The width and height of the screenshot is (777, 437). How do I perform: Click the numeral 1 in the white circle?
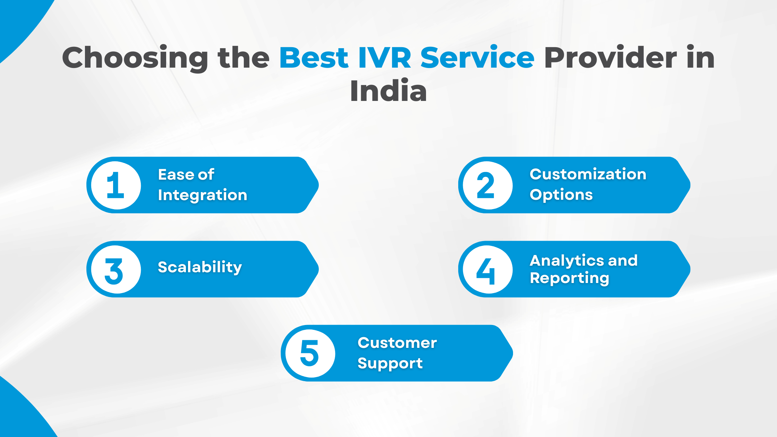click(116, 185)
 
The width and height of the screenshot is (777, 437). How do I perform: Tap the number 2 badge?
click(486, 185)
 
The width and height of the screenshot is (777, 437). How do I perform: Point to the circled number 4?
click(486, 271)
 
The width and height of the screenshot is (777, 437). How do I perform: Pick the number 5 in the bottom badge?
click(309, 353)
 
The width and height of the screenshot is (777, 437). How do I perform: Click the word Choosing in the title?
click(135, 58)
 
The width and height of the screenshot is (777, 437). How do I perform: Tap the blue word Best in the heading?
click(314, 58)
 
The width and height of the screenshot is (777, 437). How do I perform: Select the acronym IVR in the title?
click(384, 58)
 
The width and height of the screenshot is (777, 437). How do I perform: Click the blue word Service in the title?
click(477, 58)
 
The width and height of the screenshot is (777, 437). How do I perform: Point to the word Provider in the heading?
click(610, 58)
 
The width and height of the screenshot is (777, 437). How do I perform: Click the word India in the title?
click(388, 91)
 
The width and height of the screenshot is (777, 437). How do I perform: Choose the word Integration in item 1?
click(203, 195)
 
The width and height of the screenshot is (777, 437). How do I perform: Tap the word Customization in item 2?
click(588, 174)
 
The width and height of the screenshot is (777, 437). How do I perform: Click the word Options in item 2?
click(561, 195)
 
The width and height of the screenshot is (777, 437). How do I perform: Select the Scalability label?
click(200, 267)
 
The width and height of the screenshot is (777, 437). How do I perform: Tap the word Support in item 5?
click(390, 363)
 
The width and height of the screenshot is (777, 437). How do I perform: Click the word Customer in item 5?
click(397, 343)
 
